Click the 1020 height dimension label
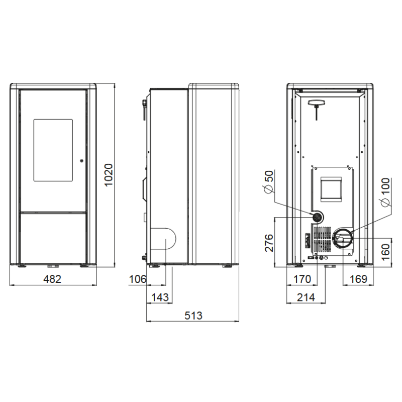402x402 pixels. point(109,175)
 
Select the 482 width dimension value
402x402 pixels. point(52,279)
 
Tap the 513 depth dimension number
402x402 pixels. point(193,316)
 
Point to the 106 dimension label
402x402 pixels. point(138,279)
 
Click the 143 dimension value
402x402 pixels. point(160,297)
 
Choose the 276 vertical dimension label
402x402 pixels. point(269,243)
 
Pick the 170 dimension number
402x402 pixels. point(302,279)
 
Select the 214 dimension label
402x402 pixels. point(306,297)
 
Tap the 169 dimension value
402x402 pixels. point(358,279)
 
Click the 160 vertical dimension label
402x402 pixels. point(385,252)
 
